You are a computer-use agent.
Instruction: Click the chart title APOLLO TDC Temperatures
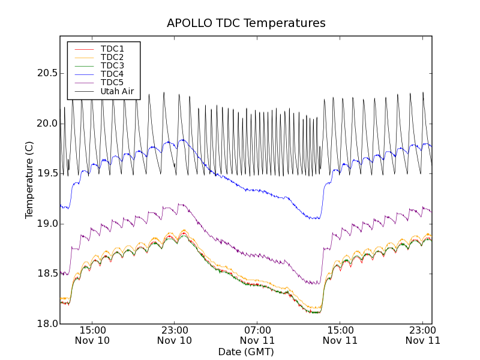246,23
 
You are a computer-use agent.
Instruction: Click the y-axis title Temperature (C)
29,180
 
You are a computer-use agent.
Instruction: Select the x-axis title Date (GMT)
246,352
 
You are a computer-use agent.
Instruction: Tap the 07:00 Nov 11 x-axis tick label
257,335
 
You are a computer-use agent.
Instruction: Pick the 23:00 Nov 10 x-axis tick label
175,335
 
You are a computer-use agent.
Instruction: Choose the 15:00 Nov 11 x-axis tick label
340,335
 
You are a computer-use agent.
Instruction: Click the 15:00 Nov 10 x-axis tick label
92,335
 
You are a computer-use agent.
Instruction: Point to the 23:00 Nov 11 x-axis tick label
423,335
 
